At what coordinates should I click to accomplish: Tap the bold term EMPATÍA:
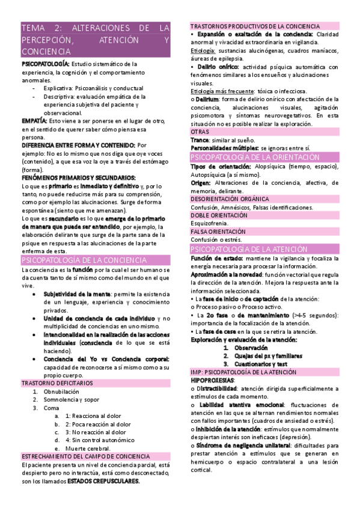pyautogui.click(x=34, y=121)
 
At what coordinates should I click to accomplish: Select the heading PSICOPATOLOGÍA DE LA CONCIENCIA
pyautogui.click(x=84, y=260)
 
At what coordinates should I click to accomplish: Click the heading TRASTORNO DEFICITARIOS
pyautogui.click(x=58, y=382)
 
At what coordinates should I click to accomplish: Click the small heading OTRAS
pyautogui.click(x=200, y=131)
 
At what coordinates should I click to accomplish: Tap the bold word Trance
pyautogui.click(x=200, y=140)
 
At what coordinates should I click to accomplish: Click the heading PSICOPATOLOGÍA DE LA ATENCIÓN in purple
pyautogui.click(x=249, y=248)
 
